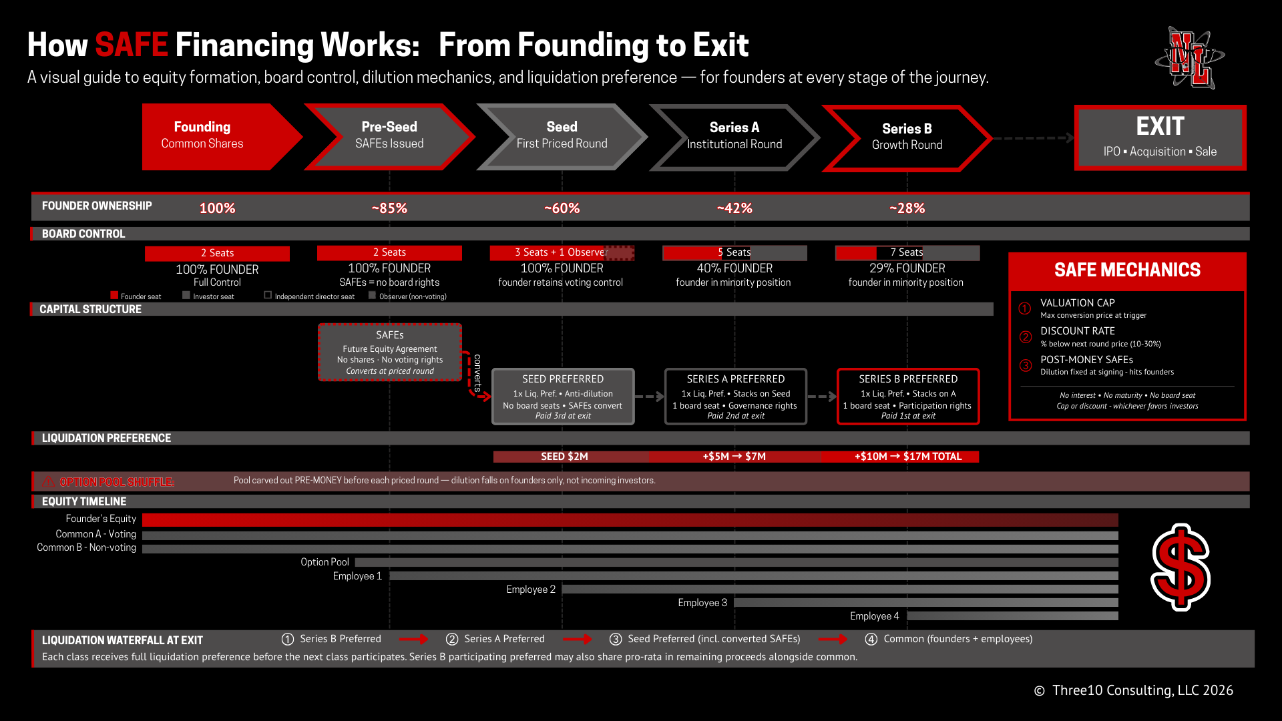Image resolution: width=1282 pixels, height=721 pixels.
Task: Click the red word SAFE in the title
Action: pos(131,45)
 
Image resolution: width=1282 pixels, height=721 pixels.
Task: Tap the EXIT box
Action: pos(1160,138)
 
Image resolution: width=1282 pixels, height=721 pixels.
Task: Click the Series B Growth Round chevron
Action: pos(907,138)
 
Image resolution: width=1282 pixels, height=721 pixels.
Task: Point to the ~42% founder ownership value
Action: pos(734,208)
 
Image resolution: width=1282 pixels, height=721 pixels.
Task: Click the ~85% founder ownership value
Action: pos(389,208)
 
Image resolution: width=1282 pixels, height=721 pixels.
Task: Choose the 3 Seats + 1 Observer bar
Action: pos(561,252)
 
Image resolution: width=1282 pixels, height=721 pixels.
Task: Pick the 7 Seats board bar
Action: pos(907,252)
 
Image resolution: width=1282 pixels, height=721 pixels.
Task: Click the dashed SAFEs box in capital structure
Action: pos(389,352)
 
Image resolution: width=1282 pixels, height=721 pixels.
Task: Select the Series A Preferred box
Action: pos(735,396)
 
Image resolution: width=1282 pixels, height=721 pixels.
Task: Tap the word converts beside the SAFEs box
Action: pos(477,373)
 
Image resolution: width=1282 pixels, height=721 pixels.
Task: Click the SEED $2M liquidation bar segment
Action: pos(564,457)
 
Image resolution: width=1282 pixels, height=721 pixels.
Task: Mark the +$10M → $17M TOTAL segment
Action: pos(907,457)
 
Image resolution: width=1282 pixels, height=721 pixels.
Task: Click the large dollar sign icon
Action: pos(1181,567)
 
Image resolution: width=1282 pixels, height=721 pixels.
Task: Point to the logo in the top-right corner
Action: pos(1190,58)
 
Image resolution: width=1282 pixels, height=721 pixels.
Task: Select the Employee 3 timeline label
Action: pos(702,603)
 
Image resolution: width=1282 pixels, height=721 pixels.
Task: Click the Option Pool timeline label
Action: pos(325,562)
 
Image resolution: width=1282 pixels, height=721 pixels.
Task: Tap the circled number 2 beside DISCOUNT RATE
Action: pos(1025,337)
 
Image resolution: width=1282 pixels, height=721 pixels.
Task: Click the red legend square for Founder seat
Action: pos(114,295)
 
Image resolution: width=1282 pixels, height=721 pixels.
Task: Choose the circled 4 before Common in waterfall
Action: pos(871,640)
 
